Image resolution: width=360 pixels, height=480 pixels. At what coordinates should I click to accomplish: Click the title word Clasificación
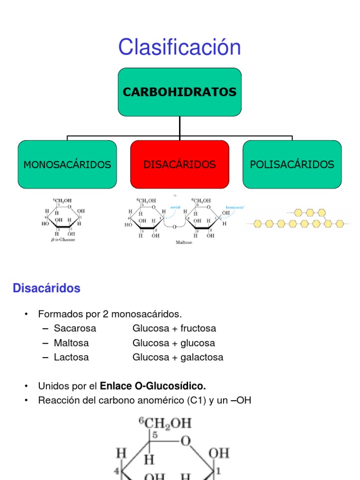pyautogui.click(x=180, y=47)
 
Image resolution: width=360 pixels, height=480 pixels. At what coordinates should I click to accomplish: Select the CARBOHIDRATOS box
pyautogui.click(x=180, y=92)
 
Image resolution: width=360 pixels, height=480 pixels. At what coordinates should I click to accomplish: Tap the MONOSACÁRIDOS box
pyautogui.click(x=67, y=165)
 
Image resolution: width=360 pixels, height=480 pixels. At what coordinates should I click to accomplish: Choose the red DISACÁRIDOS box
pyautogui.click(x=180, y=165)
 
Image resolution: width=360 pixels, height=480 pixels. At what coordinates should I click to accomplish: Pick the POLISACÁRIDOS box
pyautogui.click(x=292, y=165)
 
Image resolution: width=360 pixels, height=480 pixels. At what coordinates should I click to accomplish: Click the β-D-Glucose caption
pyautogui.click(x=63, y=240)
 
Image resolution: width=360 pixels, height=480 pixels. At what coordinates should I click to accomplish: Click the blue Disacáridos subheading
pyautogui.click(x=46, y=288)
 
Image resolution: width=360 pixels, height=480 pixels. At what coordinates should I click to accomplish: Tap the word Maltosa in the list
pyautogui.click(x=71, y=343)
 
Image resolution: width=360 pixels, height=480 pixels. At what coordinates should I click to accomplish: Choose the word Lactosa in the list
pyautogui.click(x=71, y=357)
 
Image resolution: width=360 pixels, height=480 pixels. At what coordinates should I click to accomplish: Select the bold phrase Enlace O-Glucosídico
pyautogui.click(x=153, y=386)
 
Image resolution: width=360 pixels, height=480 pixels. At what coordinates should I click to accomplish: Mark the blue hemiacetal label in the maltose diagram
pyautogui.click(x=236, y=207)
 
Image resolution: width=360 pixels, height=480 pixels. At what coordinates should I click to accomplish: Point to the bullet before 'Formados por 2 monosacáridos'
pyautogui.click(x=27, y=314)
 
